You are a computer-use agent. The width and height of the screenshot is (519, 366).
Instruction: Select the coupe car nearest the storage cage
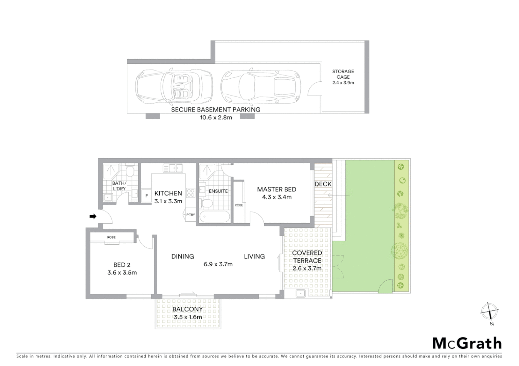[261, 87]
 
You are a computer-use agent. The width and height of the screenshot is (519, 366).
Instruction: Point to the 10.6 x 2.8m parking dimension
[216, 118]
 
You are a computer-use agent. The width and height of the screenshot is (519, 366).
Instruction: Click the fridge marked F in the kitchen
[146, 196]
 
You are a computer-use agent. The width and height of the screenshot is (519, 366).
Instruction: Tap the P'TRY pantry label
[191, 215]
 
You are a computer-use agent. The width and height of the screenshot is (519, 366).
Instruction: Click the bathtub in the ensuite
[214, 216]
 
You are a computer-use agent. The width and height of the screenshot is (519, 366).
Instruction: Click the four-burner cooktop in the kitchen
[191, 193]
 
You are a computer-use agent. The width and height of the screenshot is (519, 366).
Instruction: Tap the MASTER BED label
[276, 189]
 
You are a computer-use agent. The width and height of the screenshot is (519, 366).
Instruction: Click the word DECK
[323, 184]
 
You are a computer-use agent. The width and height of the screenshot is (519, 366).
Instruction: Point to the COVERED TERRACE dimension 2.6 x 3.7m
[307, 268]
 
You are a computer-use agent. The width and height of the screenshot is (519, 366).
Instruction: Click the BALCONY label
[187, 309]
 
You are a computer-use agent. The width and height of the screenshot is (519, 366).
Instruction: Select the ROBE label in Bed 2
[111, 237]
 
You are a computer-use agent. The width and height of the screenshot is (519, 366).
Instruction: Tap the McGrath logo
[467, 343]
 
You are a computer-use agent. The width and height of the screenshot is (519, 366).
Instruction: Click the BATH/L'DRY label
[119, 186]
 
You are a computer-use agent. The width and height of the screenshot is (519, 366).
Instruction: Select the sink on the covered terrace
[300, 294]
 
